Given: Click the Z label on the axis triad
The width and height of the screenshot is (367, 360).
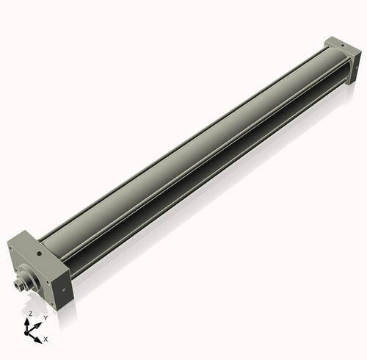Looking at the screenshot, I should click(x=30, y=314).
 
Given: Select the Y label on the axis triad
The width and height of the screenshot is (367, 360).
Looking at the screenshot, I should click(x=46, y=317).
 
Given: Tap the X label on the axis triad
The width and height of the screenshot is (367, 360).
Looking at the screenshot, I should click(x=46, y=339).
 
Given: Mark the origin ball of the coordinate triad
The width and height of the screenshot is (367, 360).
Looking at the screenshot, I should click(x=30, y=331).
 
